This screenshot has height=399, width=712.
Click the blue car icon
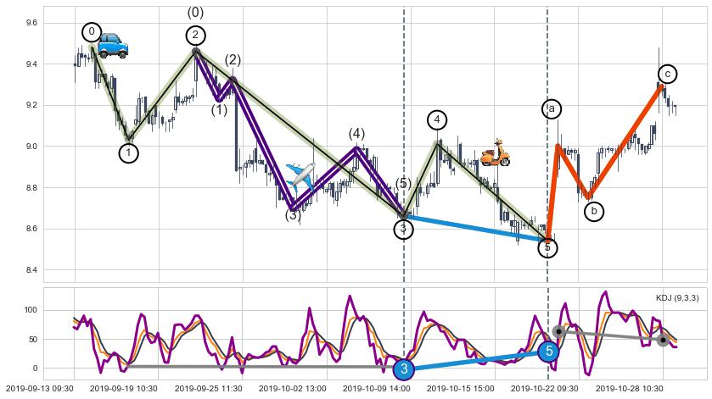113,46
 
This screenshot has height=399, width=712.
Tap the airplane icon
300,175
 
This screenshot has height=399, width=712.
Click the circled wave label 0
92,32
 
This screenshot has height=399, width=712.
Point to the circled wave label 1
128,152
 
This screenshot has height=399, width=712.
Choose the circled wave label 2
195,35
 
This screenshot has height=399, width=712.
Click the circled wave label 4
437,119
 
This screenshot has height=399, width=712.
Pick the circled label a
551,108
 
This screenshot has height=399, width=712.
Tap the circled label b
594,210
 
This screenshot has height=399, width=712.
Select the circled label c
668,75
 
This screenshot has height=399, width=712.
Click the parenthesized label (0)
195,13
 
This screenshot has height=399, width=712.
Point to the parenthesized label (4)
356,134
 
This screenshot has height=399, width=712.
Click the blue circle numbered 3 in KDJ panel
404,369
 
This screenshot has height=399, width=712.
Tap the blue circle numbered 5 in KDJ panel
548,351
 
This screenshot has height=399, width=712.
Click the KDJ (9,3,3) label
676,297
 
